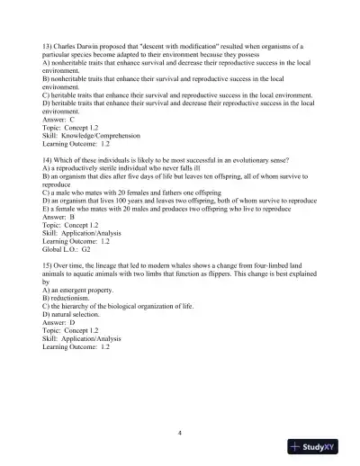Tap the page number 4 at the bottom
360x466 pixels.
pos(180,433)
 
